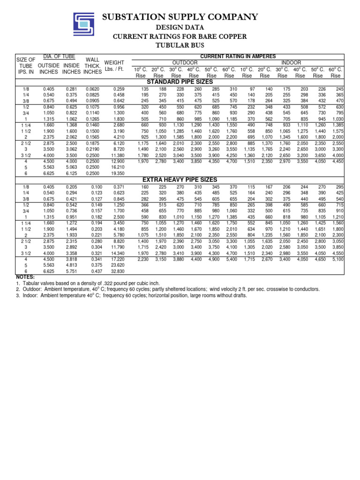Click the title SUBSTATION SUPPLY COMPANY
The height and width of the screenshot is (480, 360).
[x=180, y=17]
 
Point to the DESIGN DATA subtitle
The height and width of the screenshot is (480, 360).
[x=180, y=28]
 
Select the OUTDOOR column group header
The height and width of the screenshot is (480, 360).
[x=185, y=62]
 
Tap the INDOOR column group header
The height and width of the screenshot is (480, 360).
[x=291, y=62]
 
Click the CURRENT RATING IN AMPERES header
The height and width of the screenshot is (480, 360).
[x=238, y=56]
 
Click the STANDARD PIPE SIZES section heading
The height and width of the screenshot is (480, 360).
[x=180, y=82]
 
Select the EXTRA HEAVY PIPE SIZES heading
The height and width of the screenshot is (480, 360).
[x=180, y=180]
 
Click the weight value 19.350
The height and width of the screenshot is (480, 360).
[x=118, y=173]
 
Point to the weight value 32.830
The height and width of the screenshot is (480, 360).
[x=118, y=271]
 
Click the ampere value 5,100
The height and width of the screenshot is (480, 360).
[x=337, y=259]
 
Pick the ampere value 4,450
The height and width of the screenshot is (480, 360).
[x=337, y=161]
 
